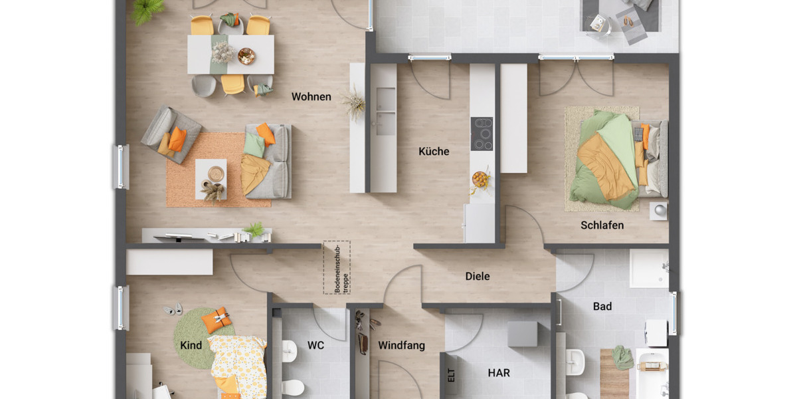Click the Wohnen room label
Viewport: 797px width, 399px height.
[311, 97]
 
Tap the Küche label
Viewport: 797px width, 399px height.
[434, 152]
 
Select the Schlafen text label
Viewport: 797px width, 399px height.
[602, 225]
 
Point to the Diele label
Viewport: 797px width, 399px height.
[477, 276]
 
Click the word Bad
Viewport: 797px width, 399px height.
[602, 307]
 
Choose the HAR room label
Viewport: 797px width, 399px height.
[499, 373]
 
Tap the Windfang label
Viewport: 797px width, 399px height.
[401, 346]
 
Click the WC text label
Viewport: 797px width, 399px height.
[315, 346]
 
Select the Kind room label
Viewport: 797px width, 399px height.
[191, 346]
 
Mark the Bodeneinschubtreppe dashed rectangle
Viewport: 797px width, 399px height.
[336, 267]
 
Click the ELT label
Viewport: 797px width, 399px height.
[452, 376]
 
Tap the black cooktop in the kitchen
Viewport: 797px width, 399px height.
[482, 134]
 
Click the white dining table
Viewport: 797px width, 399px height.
[230, 55]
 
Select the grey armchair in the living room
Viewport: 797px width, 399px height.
[170, 134]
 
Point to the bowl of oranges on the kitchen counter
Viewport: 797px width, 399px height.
[480, 179]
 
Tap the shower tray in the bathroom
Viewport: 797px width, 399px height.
[648, 268]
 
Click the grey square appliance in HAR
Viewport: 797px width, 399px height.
[522, 334]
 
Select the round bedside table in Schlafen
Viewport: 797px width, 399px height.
[658, 210]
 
